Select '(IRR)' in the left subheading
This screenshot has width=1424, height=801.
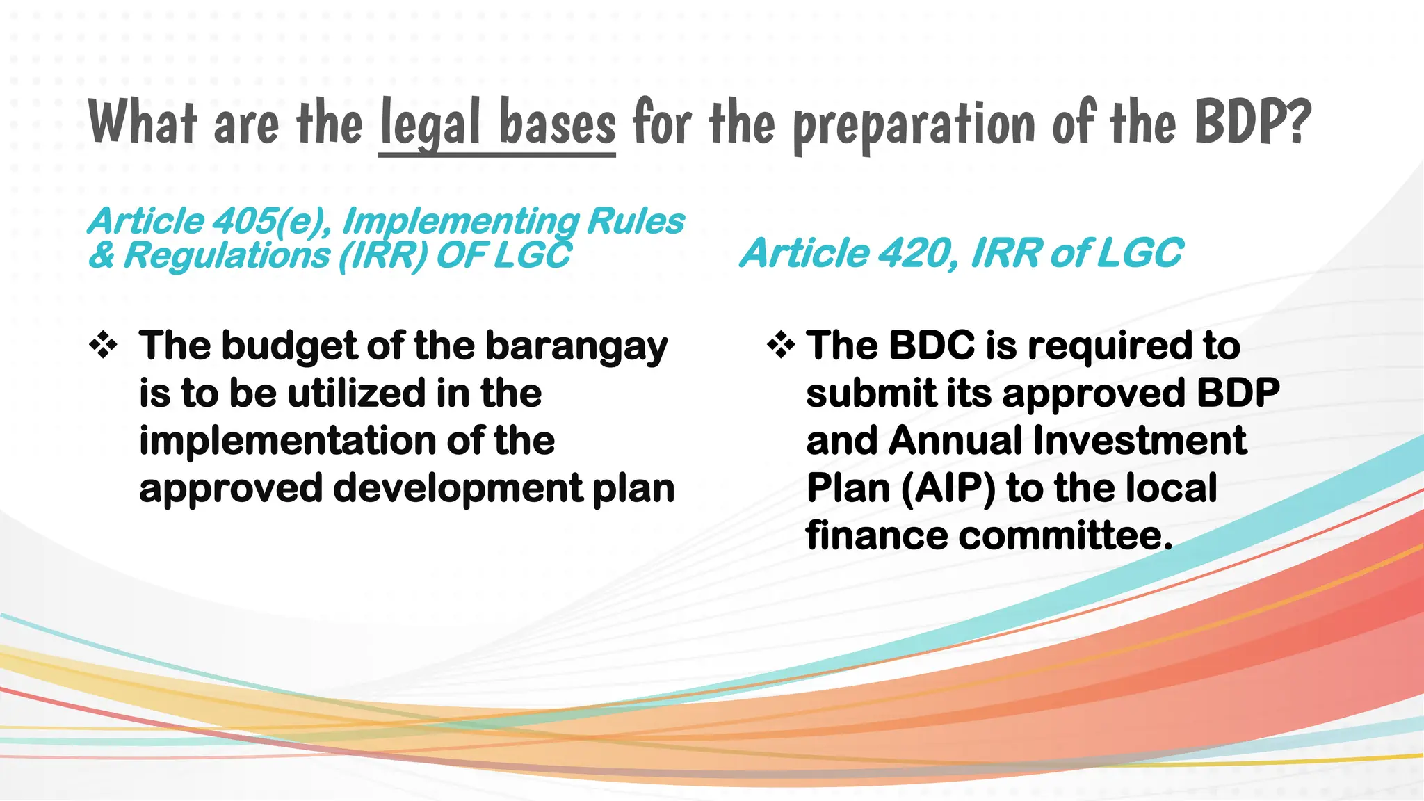coord(382,255)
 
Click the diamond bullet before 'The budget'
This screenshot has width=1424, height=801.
coord(103,346)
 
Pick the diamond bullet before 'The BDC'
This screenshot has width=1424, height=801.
coord(781,346)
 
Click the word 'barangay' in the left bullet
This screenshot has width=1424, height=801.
coord(576,347)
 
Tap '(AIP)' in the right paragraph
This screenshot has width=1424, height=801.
coord(948,488)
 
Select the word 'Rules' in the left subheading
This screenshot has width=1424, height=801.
coord(636,221)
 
